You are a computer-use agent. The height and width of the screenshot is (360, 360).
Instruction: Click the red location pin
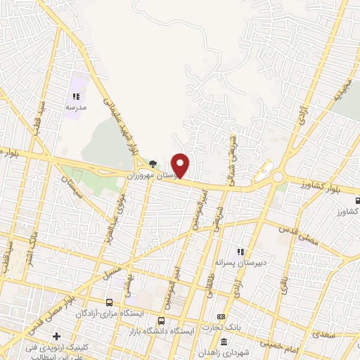pyautogui.click(x=181, y=165)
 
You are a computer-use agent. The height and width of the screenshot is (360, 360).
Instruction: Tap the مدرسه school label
pyautogui.click(x=76, y=108)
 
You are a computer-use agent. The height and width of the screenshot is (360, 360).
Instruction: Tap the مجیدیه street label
pyautogui.click(x=342, y=91)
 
